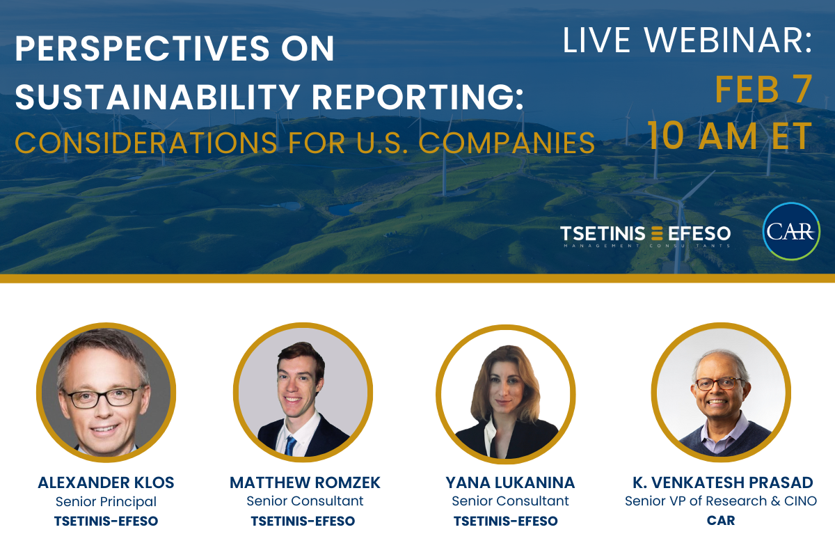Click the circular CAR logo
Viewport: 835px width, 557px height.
tap(791, 231)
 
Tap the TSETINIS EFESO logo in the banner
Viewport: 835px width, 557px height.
tap(645, 236)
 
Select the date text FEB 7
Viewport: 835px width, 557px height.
tap(763, 90)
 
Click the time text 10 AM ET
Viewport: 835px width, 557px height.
tap(730, 136)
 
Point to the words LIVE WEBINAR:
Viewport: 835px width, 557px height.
tap(687, 40)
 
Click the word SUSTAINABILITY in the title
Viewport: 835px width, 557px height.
tap(158, 97)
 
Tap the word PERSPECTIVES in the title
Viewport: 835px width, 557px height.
tap(142, 48)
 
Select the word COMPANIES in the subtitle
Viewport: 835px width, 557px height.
tap(507, 143)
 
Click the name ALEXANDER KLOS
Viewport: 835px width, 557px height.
tap(106, 483)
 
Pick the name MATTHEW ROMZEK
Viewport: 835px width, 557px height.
tap(305, 483)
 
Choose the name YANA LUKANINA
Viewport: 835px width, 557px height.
tap(510, 483)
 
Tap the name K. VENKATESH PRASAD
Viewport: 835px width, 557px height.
tap(722, 483)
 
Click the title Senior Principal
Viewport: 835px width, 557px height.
tap(106, 502)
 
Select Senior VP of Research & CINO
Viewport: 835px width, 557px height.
tap(721, 501)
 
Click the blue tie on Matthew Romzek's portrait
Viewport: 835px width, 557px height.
tap(290, 446)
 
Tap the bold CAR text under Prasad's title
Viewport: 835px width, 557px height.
tap(721, 520)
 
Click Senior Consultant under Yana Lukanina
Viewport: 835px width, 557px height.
tap(510, 501)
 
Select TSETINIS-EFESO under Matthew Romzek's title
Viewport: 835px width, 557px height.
tap(303, 521)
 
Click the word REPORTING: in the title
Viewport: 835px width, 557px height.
tap(418, 97)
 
